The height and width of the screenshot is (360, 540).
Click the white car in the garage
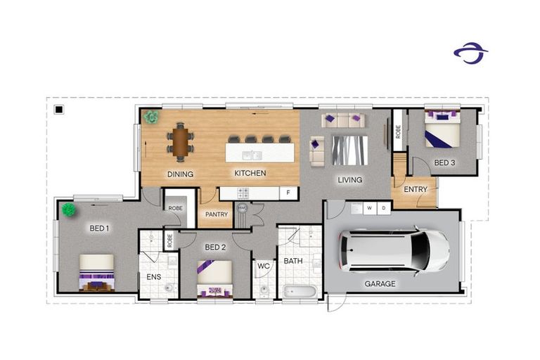(x=394, y=250)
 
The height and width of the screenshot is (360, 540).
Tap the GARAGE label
(x=380, y=284)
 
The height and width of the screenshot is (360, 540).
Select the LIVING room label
(x=349, y=180)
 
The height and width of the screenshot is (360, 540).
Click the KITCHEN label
(x=250, y=173)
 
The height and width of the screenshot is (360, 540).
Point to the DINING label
(x=180, y=174)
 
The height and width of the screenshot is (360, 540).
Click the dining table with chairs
(x=181, y=139)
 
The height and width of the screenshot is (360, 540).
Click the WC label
(x=264, y=266)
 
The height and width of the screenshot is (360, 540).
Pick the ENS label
(x=153, y=277)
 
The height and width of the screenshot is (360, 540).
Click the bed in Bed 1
(x=96, y=272)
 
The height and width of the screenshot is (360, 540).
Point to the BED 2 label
(x=214, y=247)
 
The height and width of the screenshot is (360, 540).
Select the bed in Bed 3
(x=442, y=129)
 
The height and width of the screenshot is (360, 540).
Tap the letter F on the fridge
(x=287, y=192)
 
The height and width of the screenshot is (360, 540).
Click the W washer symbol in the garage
(x=370, y=207)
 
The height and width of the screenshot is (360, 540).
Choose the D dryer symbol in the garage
(x=384, y=207)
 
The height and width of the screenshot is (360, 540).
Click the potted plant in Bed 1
(x=68, y=210)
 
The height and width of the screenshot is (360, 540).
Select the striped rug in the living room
(x=349, y=149)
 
